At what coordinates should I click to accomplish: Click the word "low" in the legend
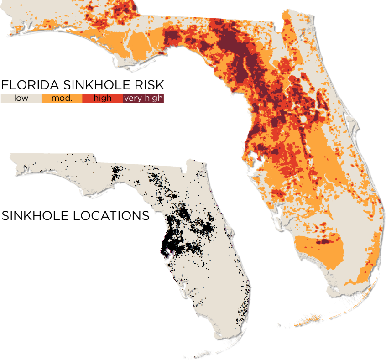click(x=21, y=98)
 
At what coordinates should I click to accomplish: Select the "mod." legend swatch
click(x=62, y=98)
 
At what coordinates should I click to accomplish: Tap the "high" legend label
click(x=102, y=98)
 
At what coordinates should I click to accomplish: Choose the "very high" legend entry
click(x=143, y=98)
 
